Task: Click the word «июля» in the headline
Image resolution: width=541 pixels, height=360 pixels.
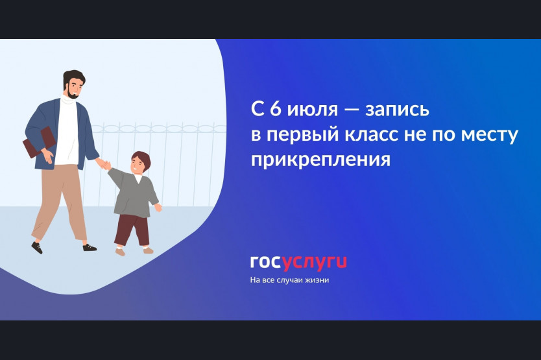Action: [313, 110]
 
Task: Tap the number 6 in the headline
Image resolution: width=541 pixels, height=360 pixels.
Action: [275, 109]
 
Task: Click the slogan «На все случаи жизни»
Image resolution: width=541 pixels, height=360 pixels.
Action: [289, 280]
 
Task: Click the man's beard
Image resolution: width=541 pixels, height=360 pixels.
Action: [73, 93]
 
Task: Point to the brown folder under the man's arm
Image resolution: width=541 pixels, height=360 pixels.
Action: [39, 142]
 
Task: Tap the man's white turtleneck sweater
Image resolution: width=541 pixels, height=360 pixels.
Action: [67, 131]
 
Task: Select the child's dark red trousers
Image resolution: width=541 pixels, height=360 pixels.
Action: [132, 230]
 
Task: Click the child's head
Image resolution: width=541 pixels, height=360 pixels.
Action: [139, 163]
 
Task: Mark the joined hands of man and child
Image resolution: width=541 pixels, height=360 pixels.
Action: [104, 164]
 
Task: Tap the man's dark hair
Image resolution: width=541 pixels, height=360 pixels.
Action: [73, 77]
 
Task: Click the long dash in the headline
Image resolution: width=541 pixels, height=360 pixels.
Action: [351, 110]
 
